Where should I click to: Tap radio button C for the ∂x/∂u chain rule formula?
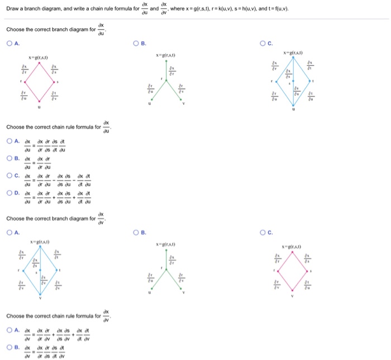click(9, 176)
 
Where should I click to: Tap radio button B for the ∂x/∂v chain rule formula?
click(9, 347)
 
